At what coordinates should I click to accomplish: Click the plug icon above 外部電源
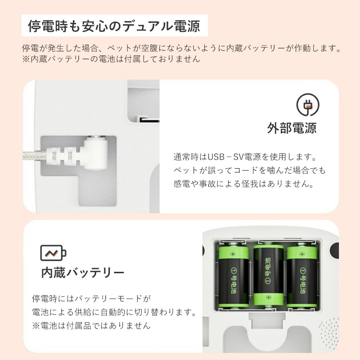pos(308,105)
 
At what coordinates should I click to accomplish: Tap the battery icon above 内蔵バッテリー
pos(53,253)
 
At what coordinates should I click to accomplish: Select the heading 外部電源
pos(292,128)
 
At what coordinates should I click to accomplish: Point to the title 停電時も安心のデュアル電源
pos(114,26)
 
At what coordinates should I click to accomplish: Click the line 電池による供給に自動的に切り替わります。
pos(114,312)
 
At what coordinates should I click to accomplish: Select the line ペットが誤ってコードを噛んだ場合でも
pos(249,171)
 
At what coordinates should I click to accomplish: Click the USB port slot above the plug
pos(148,120)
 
